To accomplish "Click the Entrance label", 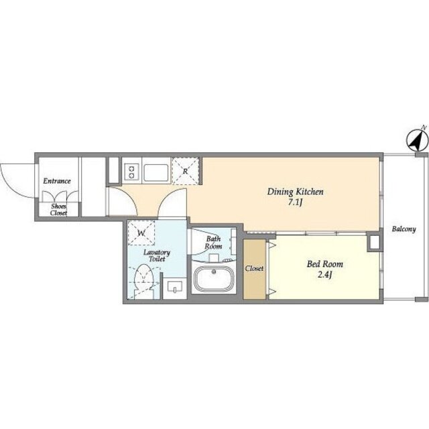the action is [57, 181].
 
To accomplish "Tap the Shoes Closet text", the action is [58, 210].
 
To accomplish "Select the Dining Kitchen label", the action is [295, 192].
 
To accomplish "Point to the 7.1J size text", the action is [295, 203].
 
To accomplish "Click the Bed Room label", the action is [324, 264].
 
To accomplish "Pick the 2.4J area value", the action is [324, 275].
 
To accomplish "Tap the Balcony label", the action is [404, 229].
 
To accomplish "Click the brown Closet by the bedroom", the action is [255, 269].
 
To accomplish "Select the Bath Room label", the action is [213, 243].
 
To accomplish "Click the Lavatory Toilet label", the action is [157, 255].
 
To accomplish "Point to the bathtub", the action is [214, 279].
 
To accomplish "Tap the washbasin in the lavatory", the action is [175, 286].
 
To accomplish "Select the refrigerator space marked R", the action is [186, 171].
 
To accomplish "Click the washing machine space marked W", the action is [141, 234].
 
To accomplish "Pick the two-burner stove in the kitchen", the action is [131, 172].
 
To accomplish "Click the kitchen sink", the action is [156, 173].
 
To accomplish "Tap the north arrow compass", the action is [417, 141].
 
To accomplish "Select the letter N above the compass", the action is [424, 127].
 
